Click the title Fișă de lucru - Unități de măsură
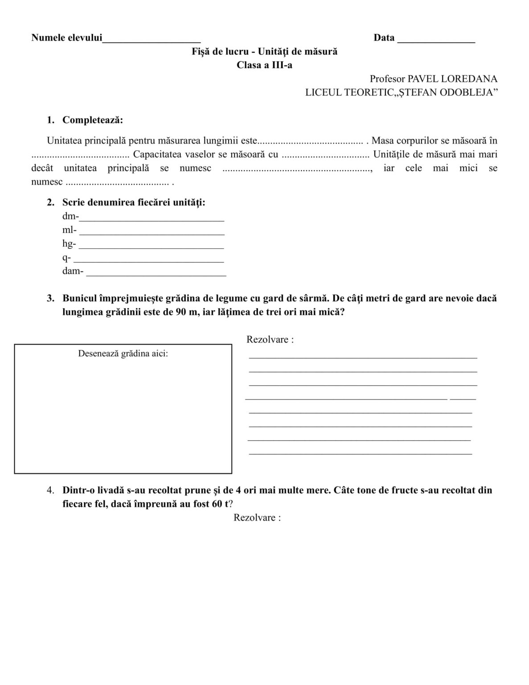264,51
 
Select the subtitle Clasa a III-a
264,65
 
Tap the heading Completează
92,120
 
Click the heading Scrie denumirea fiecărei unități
134,202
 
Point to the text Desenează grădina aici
123,354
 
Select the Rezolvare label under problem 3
270,339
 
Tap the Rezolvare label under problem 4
257,518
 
